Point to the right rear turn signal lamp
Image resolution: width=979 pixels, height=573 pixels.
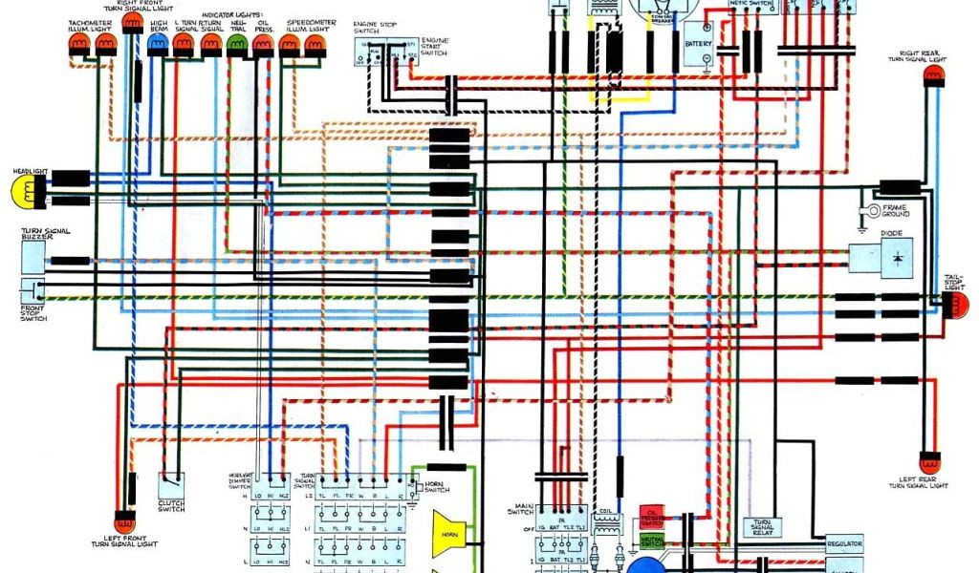tap(932, 74)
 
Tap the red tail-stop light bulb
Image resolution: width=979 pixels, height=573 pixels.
tap(957, 305)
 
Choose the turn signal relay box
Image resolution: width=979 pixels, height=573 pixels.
tap(762, 527)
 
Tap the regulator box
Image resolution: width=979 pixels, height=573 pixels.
tap(844, 542)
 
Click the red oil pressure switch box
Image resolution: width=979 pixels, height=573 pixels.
tap(652, 517)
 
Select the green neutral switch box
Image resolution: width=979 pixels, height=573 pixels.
tap(652, 541)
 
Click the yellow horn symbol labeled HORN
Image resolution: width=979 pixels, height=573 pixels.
tap(447, 531)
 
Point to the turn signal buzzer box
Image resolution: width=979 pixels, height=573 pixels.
tap(33, 255)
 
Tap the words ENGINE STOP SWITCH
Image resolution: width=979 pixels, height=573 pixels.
tap(366, 25)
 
